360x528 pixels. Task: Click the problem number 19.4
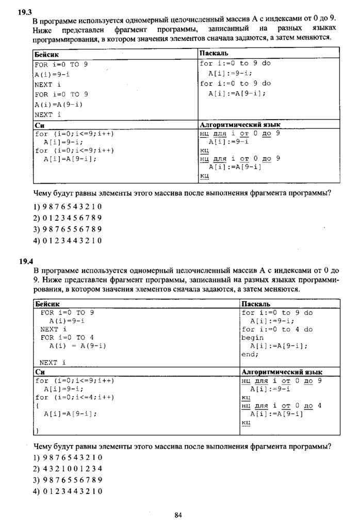pyautogui.click(x=26, y=261)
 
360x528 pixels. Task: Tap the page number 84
pyautogui.click(x=178, y=515)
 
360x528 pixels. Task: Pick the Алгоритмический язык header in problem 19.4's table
pyautogui.click(x=282, y=372)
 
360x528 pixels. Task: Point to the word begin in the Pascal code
pyautogui.click(x=253, y=338)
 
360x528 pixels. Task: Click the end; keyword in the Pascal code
pyautogui.click(x=250, y=354)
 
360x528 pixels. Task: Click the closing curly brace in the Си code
pyautogui.click(x=37, y=430)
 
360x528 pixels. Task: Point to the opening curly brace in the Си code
pyautogui.click(x=37, y=406)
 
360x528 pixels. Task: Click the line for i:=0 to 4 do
pyautogui.click(x=277, y=329)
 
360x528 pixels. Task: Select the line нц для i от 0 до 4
pyautogui.click(x=281, y=406)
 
